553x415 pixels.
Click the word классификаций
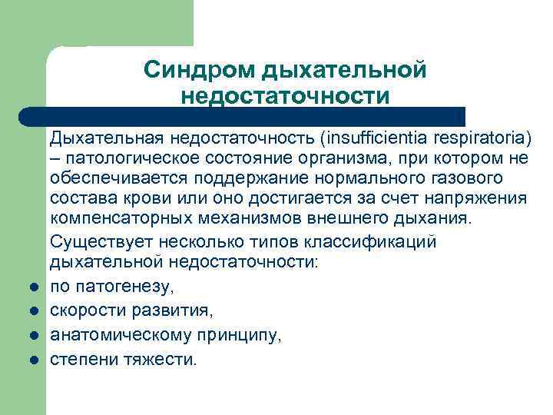tap(372, 241)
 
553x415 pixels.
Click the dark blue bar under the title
tap(246, 117)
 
